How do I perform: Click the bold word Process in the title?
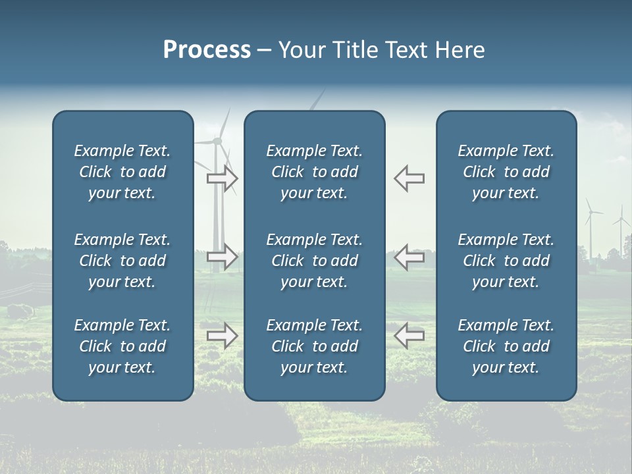pyautogui.click(x=207, y=50)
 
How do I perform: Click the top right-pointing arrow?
pyautogui.click(x=223, y=178)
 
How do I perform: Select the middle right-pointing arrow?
pyautogui.click(x=223, y=256)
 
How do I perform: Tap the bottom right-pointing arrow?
pyautogui.click(x=223, y=335)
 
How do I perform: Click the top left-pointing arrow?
pyautogui.click(x=409, y=178)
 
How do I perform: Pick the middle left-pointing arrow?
pyautogui.click(x=409, y=256)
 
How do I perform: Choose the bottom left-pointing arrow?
pyautogui.click(x=409, y=335)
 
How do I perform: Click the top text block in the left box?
pyautogui.click(x=122, y=172)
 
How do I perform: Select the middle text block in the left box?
pyautogui.click(x=122, y=261)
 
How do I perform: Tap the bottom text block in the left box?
pyautogui.click(x=122, y=346)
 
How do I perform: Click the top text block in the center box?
pyautogui.click(x=314, y=172)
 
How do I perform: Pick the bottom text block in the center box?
pyautogui.click(x=314, y=346)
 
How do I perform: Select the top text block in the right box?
pyautogui.click(x=506, y=172)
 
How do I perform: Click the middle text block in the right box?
pyautogui.click(x=506, y=261)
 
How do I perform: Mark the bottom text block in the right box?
pyautogui.click(x=506, y=346)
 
